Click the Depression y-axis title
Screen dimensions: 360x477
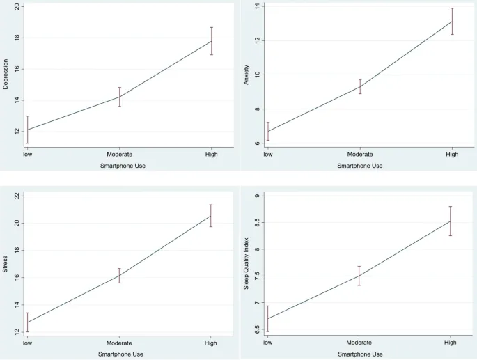(x=6, y=76)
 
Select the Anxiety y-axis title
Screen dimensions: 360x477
(x=247, y=76)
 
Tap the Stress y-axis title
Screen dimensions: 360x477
(x=6, y=268)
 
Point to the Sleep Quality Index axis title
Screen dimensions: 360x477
(x=247, y=268)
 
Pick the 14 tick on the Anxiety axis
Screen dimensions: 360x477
(x=257, y=7)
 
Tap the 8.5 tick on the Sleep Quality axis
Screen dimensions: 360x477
(x=256, y=223)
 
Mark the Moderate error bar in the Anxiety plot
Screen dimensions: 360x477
(x=360, y=86)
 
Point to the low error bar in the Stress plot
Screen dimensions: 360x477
(x=27, y=322)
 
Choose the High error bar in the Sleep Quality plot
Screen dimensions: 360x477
(x=451, y=221)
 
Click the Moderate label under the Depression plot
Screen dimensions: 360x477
(x=119, y=154)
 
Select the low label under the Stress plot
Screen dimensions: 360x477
(x=27, y=343)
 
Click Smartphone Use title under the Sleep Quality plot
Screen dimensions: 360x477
(x=359, y=354)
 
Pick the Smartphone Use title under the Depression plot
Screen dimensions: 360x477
(x=119, y=166)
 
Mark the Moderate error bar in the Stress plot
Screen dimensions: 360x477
(x=119, y=276)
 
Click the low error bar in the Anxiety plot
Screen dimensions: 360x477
(x=267, y=131)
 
